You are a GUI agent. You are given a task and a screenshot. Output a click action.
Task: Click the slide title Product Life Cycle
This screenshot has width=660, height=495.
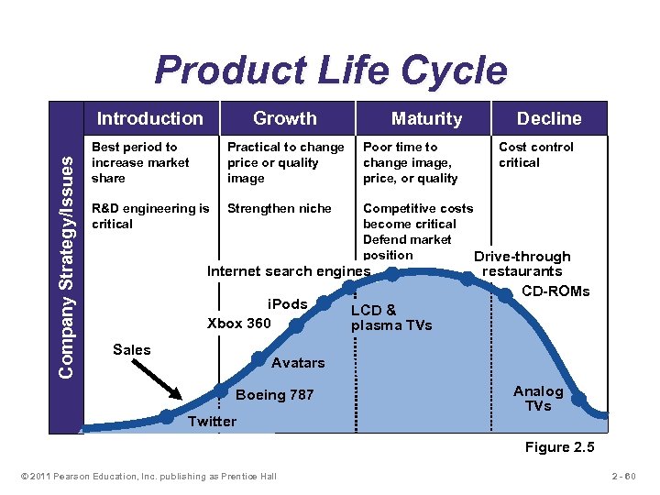(330, 71)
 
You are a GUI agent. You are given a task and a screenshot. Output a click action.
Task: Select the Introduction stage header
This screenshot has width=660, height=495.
(149, 118)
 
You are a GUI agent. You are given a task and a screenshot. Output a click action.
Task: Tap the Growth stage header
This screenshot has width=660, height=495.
(284, 118)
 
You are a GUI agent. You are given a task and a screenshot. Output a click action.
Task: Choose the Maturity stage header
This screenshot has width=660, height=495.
(426, 118)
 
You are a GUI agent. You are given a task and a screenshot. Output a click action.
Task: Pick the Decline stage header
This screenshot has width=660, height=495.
(548, 118)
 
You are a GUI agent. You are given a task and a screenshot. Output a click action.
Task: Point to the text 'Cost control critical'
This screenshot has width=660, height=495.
(535, 155)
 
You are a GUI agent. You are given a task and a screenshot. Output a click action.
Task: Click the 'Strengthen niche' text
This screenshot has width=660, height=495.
(279, 208)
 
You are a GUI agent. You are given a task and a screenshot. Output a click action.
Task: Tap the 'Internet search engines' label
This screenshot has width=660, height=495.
(288, 271)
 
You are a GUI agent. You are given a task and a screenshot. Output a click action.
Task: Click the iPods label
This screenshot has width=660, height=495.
(286, 303)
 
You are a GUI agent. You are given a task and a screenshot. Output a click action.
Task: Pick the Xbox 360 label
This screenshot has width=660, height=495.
(239, 323)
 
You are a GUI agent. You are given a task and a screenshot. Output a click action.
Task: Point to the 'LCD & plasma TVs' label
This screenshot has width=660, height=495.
(390, 317)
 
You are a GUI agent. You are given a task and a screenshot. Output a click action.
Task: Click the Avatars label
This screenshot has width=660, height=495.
(298, 363)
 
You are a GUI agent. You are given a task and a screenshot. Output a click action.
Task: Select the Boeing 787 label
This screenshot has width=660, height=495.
(274, 395)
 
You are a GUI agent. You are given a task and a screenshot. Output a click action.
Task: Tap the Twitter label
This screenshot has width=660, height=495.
(211, 422)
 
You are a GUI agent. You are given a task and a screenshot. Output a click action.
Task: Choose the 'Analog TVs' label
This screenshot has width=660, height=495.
(538, 398)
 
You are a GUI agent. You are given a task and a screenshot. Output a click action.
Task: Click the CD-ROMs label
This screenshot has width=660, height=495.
(555, 291)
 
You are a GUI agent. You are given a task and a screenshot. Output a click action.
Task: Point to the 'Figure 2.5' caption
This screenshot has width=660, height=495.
(558, 447)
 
